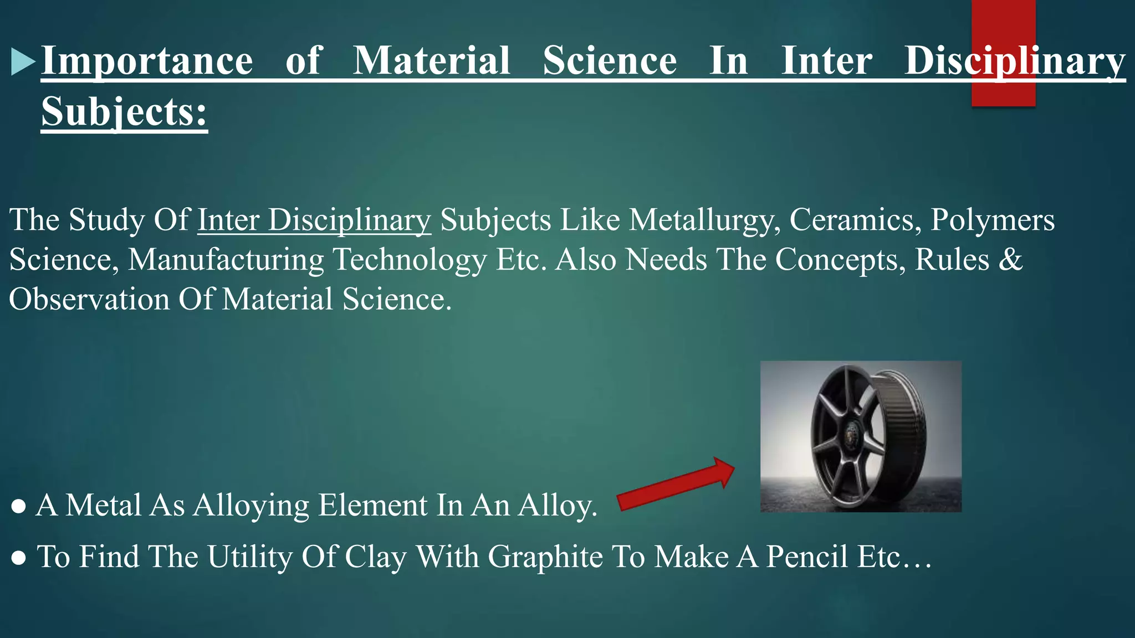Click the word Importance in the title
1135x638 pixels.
pyautogui.click(x=147, y=61)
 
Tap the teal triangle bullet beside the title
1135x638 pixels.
pyautogui.click(x=22, y=61)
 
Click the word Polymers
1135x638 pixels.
pyautogui.click(x=992, y=220)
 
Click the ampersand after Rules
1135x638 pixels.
pyautogui.click(x=1010, y=260)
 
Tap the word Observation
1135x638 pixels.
pyautogui.click(x=89, y=300)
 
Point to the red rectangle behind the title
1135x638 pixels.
pyautogui.click(x=1003, y=22)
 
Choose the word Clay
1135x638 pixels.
pyautogui.click(x=375, y=557)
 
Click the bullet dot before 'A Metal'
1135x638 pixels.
pyautogui.click(x=18, y=506)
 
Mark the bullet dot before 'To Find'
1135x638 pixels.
pyautogui.click(x=18, y=558)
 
